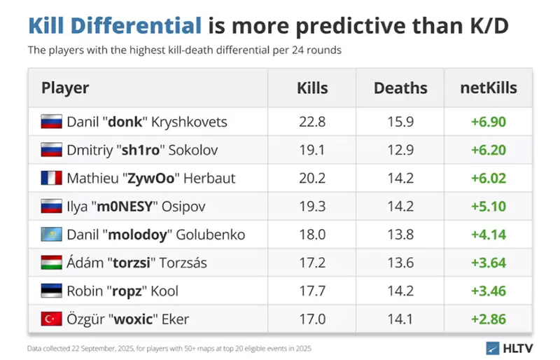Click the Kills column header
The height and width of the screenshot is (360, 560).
[x=312, y=88]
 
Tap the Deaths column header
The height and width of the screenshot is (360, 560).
[x=400, y=88]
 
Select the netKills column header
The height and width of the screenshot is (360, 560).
[x=489, y=88]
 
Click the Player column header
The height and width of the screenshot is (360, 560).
[x=65, y=88]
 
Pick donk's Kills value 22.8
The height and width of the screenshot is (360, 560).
[x=312, y=122]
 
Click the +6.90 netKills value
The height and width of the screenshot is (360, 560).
[x=489, y=122]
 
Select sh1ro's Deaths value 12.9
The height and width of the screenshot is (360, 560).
[x=400, y=150]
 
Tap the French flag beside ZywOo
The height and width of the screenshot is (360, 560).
[x=52, y=179]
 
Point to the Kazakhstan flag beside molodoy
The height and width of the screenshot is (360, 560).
[x=52, y=235]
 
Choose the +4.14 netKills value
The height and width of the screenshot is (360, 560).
[x=489, y=235]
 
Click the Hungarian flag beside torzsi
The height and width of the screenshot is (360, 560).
[x=52, y=263]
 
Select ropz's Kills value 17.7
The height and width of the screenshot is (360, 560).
[x=312, y=291]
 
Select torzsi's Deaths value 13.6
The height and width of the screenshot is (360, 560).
[x=400, y=263]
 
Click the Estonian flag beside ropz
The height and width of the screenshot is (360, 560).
[x=52, y=291]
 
